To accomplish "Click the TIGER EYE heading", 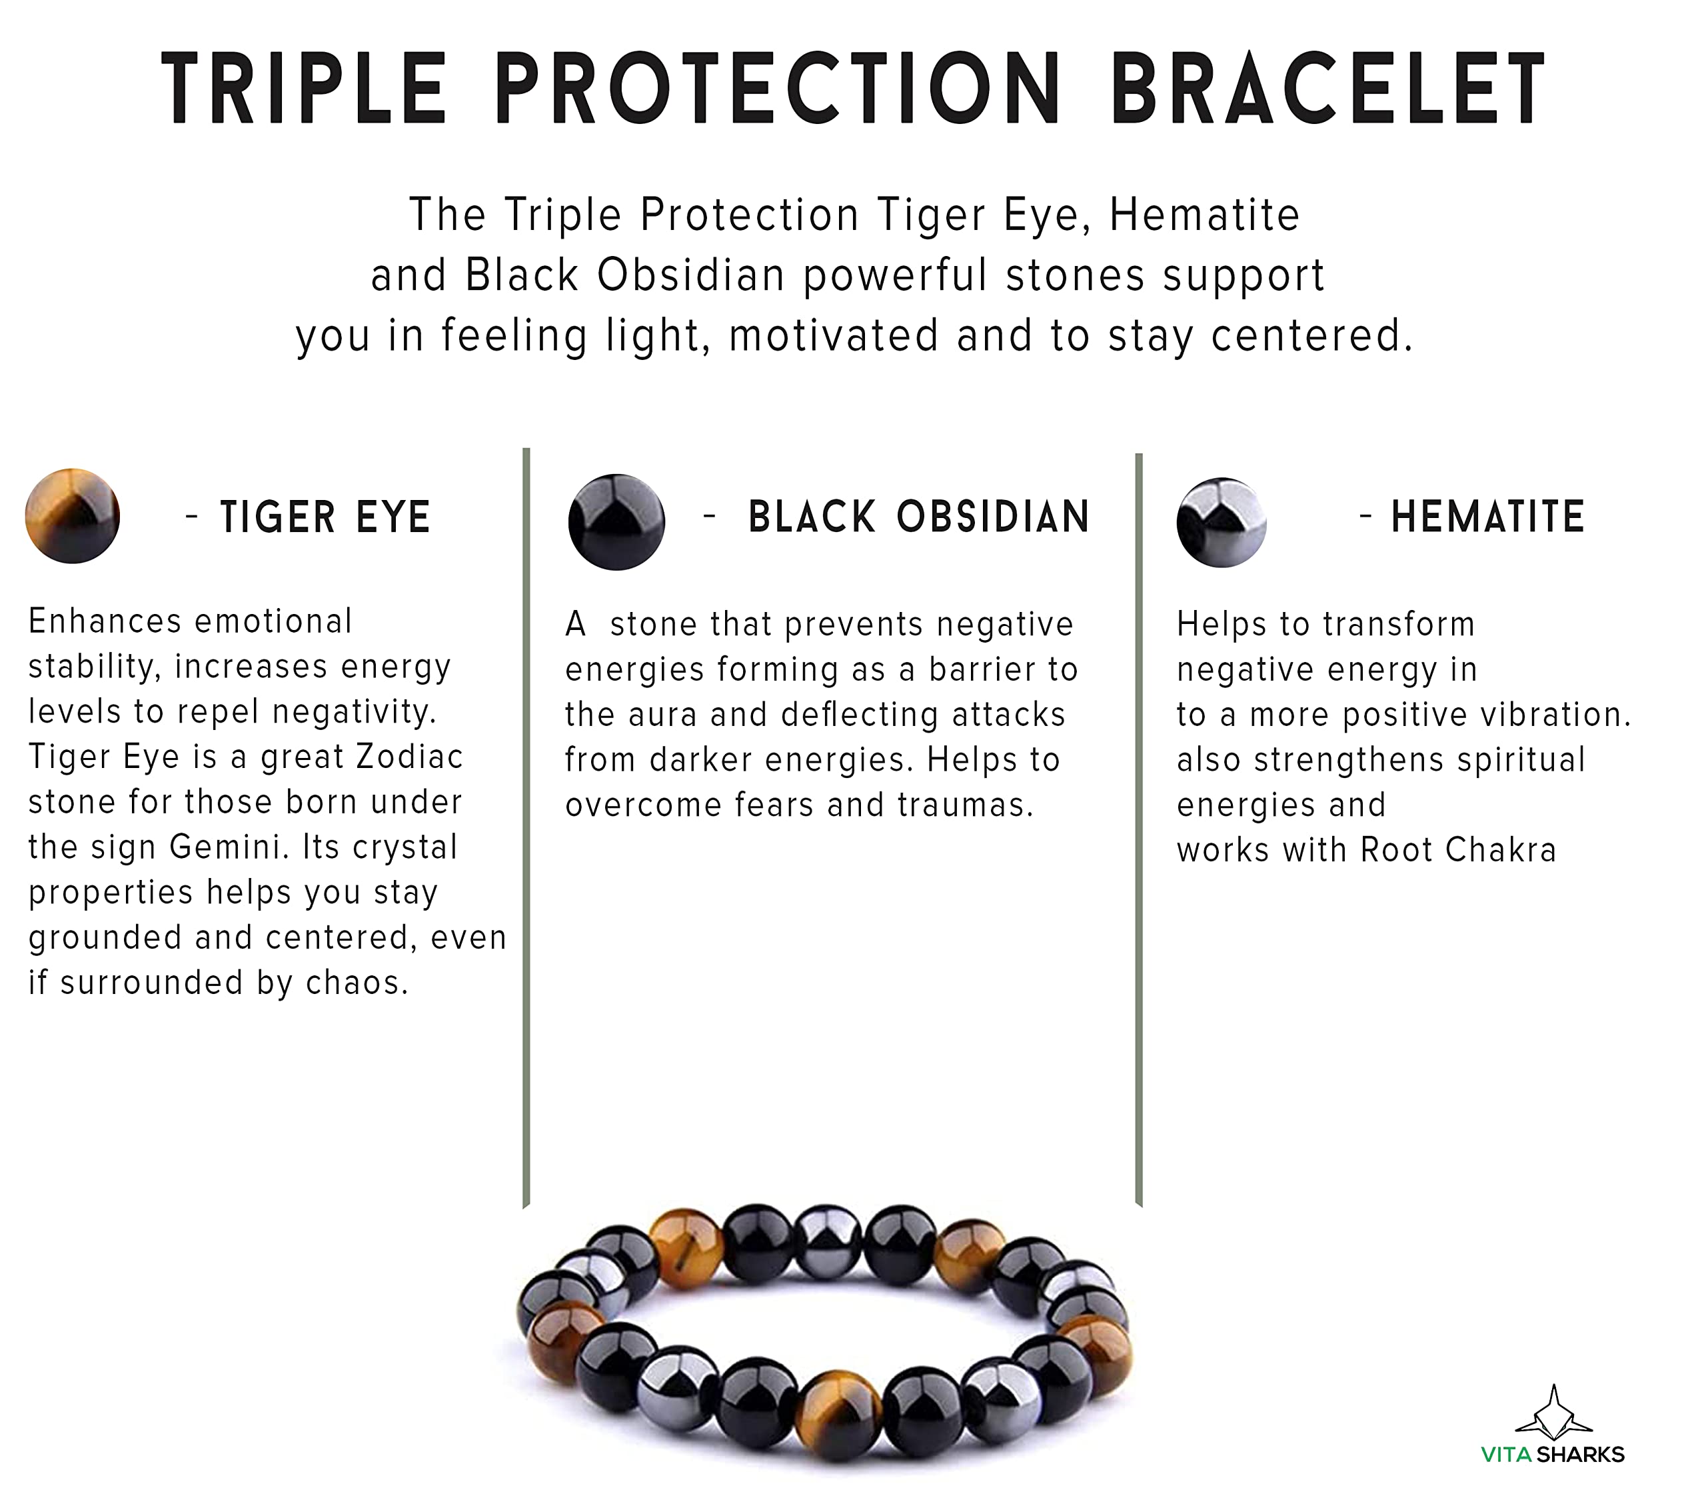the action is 325,517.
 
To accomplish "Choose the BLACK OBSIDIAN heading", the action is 919,517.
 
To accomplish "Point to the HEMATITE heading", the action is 1487,517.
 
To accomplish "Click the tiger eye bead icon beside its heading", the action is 73,516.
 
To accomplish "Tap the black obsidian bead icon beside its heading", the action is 617,522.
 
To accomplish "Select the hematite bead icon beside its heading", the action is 1222,523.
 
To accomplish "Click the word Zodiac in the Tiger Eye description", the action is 410,757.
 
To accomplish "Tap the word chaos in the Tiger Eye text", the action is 357,983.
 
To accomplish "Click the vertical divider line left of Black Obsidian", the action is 526,828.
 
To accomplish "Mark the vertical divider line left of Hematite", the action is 1140,830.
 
